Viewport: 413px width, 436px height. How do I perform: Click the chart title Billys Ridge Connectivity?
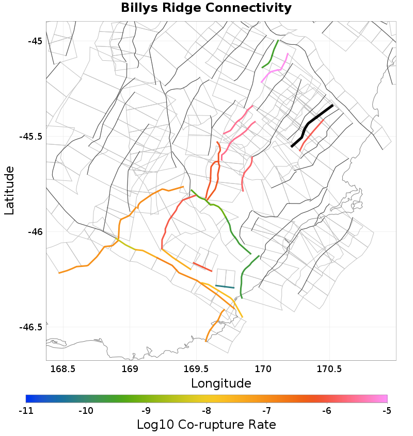pyautogui.click(x=206, y=8)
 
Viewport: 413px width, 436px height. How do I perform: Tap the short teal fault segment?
pyautogui.click(x=225, y=287)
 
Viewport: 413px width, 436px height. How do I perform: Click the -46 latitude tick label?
pyautogui.click(x=34, y=232)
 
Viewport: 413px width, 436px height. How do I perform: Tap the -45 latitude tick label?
pyautogui.click(x=34, y=41)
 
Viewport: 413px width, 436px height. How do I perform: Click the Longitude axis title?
pyautogui.click(x=221, y=383)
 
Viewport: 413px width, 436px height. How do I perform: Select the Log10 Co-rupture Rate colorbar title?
pyautogui.click(x=206, y=425)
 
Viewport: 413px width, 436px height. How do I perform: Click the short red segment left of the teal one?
pyautogui.click(x=202, y=266)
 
